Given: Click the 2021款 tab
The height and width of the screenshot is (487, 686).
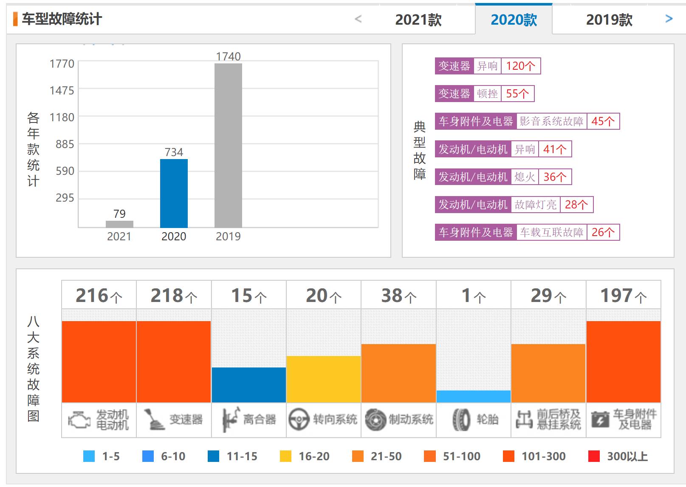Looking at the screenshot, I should coord(418,20).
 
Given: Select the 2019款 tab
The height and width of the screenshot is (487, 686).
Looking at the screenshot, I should coord(609,20).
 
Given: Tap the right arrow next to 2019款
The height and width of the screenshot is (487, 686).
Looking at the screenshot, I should coord(669,19).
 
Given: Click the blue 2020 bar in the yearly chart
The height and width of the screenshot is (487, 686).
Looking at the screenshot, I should coord(174,194).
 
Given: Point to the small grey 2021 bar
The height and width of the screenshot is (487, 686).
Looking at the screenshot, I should coord(119,224).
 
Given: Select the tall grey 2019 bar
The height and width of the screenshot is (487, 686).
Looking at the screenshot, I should coord(228,145).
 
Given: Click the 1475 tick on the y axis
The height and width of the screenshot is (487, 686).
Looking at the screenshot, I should coord(62,91).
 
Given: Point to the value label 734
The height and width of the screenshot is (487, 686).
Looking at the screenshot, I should coord(174,152).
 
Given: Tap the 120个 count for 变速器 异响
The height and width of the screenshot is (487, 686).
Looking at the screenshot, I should coord(520,66).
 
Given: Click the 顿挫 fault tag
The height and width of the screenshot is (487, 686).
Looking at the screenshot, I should coord(487,94).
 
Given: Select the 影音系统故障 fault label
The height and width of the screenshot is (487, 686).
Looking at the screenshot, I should coord(551,121).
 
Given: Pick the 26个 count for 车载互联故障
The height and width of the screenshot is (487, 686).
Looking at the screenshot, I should coord(603,232).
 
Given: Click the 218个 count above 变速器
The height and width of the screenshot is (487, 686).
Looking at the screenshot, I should coord(174,296).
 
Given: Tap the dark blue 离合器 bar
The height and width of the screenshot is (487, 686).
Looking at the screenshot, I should coord(248,385).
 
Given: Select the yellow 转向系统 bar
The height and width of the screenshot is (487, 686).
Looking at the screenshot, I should coord(324,379).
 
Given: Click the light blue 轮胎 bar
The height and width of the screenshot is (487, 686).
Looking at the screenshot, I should coord(473,396).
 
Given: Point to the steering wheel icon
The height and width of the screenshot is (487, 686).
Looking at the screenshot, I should coord(299,420).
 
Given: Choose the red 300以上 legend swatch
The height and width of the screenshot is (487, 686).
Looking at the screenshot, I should coord(594,456).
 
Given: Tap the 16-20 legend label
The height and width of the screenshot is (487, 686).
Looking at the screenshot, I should coord(314,456).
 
